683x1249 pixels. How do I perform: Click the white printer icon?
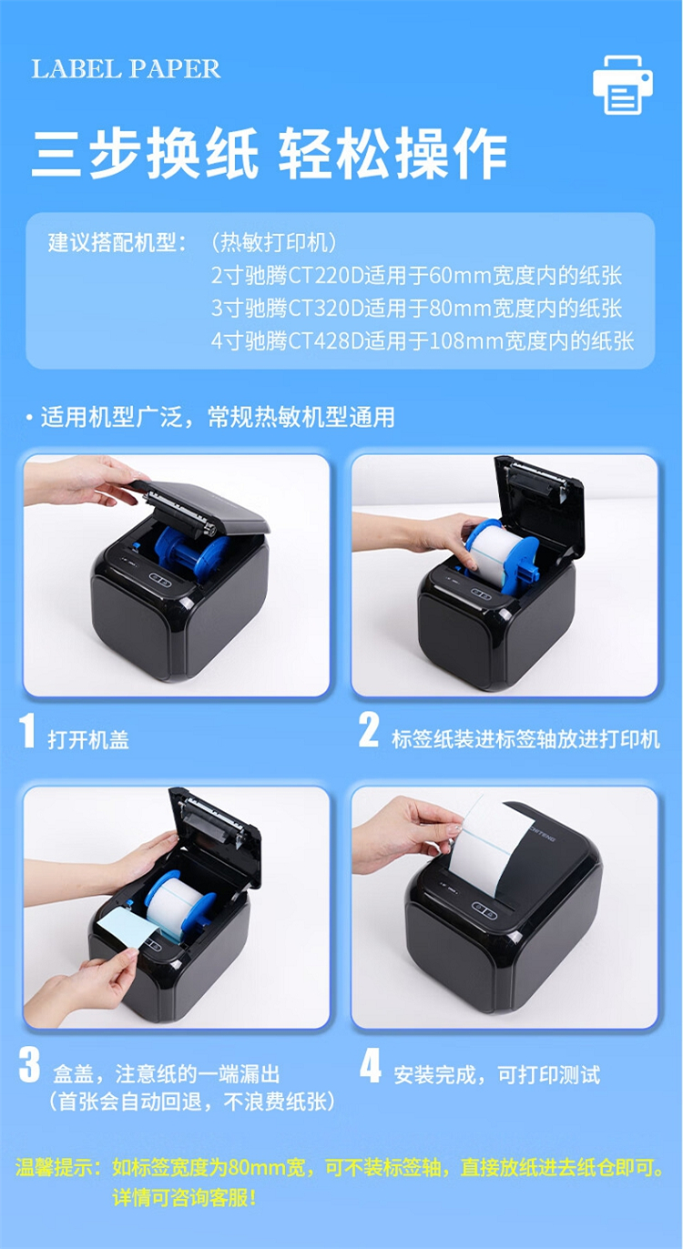622,85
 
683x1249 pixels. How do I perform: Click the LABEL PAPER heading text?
126,69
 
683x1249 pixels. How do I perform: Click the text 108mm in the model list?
466,341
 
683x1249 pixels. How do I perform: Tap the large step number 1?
27,730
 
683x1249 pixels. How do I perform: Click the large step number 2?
369,730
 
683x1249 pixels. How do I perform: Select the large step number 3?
29,1065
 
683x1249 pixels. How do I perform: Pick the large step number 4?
371,1065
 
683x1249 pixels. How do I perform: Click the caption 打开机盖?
88,740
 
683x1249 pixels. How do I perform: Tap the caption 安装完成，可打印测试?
496,1074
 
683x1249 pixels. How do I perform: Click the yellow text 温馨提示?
54,1167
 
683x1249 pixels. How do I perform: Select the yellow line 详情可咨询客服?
184,1197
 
